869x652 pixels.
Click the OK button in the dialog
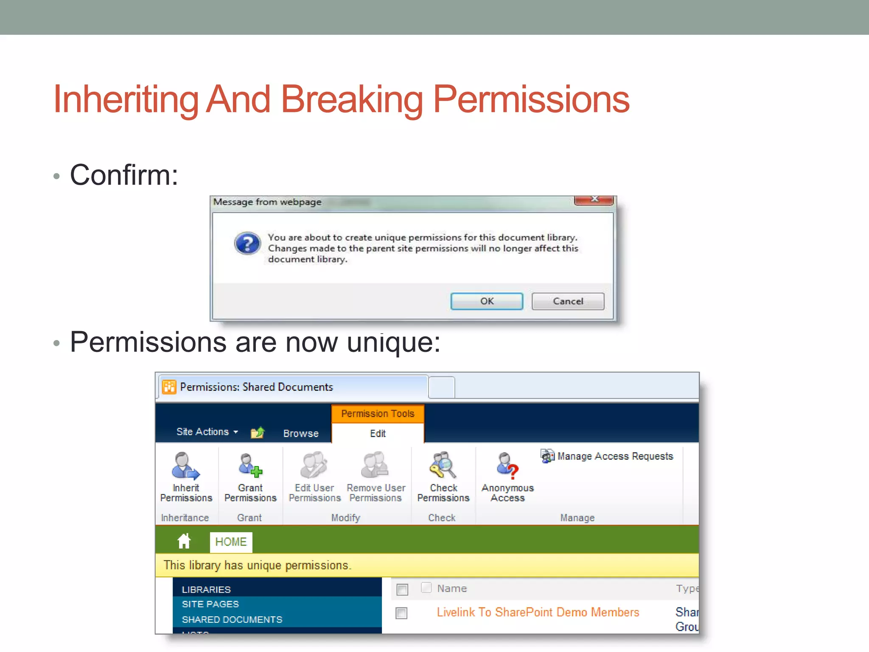point(486,301)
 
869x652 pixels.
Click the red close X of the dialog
point(594,200)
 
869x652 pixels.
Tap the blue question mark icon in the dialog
point(247,243)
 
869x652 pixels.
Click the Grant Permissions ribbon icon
point(250,466)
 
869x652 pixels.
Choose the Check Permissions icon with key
point(443,466)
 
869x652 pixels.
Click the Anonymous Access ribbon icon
point(507,466)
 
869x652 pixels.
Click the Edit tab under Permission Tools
point(378,433)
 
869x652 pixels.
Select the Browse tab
point(301,433)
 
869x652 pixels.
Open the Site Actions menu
point(207,432)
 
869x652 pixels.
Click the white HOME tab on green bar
point(231,542)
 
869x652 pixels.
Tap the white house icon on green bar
point(184,541)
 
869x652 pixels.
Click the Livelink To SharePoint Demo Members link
point(538,612)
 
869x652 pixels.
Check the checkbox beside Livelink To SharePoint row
point(401,613)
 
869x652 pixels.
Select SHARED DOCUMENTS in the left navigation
point(232,620)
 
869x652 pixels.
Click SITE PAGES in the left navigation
point(210,604)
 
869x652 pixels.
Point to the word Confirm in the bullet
point(124,175)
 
